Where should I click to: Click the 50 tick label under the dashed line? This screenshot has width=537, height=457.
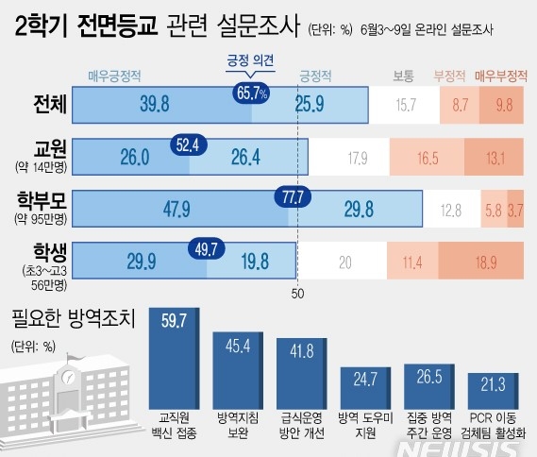[298, 295]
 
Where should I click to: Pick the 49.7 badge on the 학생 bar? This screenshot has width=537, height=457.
[208, 249]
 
